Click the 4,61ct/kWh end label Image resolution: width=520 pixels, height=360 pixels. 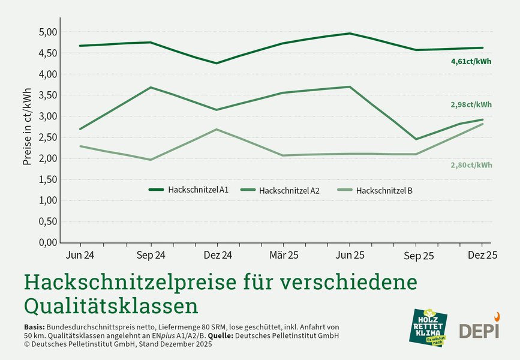(471, 61)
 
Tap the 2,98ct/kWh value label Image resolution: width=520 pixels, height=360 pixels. (471, 104)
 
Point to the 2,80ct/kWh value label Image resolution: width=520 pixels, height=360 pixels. (471, 165)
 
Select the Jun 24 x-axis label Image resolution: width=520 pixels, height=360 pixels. (79, 255)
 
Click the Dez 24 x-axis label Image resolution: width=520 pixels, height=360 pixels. (217, 255)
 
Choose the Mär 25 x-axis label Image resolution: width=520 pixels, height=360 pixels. (282, 255)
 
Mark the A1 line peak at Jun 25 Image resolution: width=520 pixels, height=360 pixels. (349, 34)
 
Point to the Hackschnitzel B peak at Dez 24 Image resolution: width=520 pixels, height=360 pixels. (217, 130)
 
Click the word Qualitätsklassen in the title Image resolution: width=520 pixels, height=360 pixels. (111, 305)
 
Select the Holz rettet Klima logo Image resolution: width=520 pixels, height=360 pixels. (428, 327)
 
